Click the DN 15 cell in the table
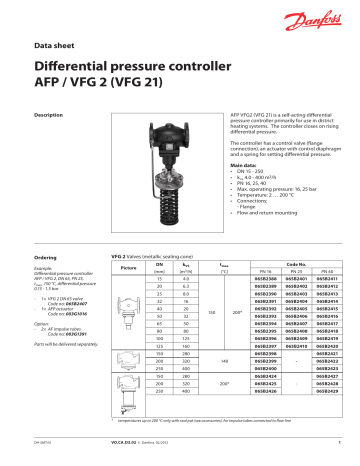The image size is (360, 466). (x=160, y=278)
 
